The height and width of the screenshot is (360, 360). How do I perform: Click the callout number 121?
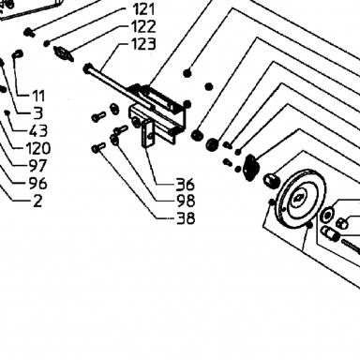[x=143, y=9]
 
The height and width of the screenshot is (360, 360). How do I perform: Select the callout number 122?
[x=143, y=26]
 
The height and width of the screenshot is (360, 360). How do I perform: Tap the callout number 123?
[x=143, y=44]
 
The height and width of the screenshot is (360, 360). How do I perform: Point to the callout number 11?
[x=38, y=96]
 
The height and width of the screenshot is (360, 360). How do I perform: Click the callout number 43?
[x=38, y=130]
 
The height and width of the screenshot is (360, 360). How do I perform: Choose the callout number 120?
[x=38, y=148]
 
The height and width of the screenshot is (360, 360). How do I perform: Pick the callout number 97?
[x=38, y=166]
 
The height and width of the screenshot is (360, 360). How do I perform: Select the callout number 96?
[x=38, y=183]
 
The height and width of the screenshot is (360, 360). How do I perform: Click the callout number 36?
[x=186, y=184]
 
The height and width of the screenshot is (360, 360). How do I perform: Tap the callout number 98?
[x=186, y=201]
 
